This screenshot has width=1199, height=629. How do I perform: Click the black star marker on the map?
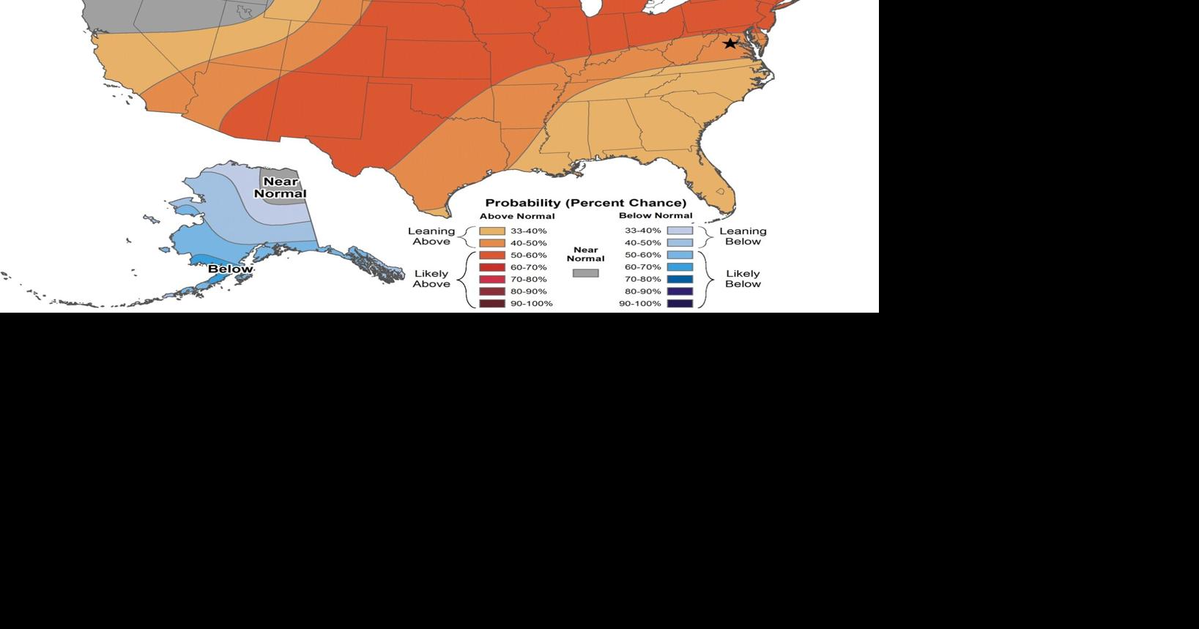pyautogui.click(x=730, y=43)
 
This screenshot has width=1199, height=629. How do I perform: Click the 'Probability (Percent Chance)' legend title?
pyautogui.click(x=586, y=203)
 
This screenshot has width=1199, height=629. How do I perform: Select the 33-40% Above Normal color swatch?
pyautogui.click(x=492, y=231)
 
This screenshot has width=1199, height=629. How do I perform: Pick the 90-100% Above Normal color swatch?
pyautogui.click(x=492, y=303)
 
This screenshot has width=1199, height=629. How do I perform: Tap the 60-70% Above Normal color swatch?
pyautogui.click(x=492, y=267)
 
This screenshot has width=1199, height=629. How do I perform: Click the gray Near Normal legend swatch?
pyautogui.click(x=585, y=273)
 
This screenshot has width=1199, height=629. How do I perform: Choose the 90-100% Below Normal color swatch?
pyautogui.click(x=680, y=303)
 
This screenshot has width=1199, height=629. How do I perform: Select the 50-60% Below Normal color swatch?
pyautogui.click(x=680, y=255)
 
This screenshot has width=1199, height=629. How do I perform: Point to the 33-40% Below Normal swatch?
pyautogui.click(x=680, y=231)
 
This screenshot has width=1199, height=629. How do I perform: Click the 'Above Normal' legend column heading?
pyautogui.click(x=517, y=216)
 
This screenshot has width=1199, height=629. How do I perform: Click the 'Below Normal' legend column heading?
pyautogui.click(x=656, y=215)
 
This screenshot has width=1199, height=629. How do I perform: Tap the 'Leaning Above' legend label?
pyautogui.click(x=431, y=236)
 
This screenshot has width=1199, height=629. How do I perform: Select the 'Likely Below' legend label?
pyautogui.click(x=743, y=278)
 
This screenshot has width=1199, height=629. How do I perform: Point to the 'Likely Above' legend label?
pyautogui.click(x=431, y=278)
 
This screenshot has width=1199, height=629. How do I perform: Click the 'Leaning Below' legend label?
pyautogui.click(x=743, y=236)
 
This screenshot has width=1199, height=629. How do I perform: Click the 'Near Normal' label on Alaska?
pyautogui.click(x=280, y=187)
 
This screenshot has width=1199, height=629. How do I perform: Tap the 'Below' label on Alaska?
pyautogui.click(x=230, y=269)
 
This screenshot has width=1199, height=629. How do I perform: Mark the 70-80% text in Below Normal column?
pyautogui.click(x=642, y=279)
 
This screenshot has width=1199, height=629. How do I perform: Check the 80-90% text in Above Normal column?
pyautogui.click(x=528, y=291)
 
